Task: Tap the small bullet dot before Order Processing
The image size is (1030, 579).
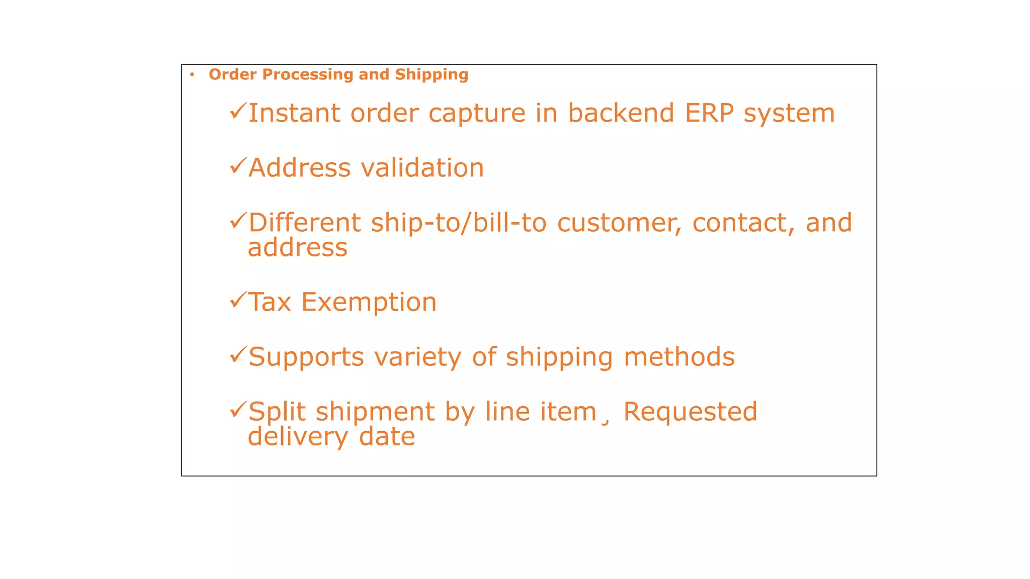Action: click(192, 75)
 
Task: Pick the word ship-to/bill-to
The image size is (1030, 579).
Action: click(458, 223)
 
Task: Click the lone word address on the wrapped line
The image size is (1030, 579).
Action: click(298, 248)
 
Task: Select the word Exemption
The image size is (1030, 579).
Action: click(369, 303)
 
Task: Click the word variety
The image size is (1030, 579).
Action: click(417, 357)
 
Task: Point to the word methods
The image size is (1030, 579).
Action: click(679, 357)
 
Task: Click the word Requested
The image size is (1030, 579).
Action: click(690, 412)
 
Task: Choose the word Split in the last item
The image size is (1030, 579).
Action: click(277, 412)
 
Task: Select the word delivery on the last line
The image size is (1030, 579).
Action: click(298, 437)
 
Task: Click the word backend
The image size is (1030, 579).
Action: click(621, 113)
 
